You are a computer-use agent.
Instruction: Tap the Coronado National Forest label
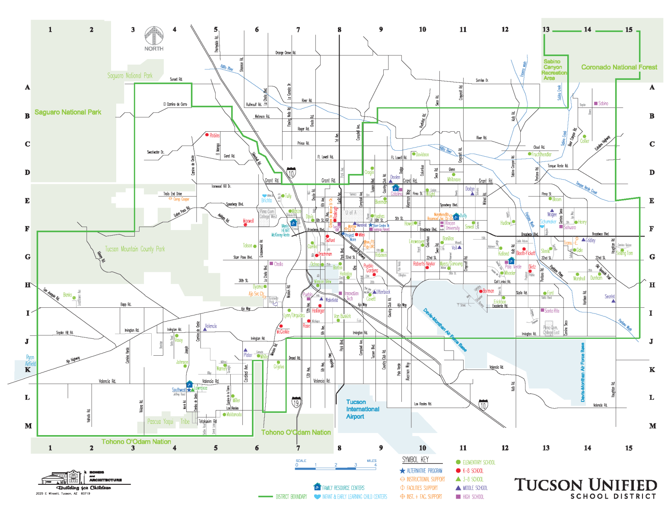pyautogui.click(x=619, y=67)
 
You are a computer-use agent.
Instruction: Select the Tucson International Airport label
pyautogui.click(x=362, y=409)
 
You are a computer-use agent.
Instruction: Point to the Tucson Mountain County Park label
pyautogui.click(x=135, y=249)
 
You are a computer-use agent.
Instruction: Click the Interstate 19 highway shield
pyautogui.click(x=296, y=402)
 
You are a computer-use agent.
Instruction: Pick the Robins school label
pyautogui.click(x=214, y=136)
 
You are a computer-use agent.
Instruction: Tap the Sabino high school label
pyautogui.click(x=603, y=104)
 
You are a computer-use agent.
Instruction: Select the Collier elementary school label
pyautogui.click(x=585, y=141)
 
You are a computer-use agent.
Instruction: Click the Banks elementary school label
pyautogui.click(x=67, y=295)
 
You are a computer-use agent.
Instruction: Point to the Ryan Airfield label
pyautogui.click(x=30, y=360)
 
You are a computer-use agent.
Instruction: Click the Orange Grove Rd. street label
pyautogui.click(x=285, y=53)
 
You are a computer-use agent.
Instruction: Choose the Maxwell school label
pyautogui.click(x=248, y=221)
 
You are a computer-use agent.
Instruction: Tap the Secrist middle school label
pyautogui.click(x=609, y=297)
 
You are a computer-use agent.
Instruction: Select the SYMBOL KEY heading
pyautogui.click(x=415, y=460)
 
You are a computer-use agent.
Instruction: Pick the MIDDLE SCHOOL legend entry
pyautogui.click(x=475, y=488)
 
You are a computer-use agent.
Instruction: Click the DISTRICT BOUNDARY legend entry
pyautogui.click(x=291, y=497)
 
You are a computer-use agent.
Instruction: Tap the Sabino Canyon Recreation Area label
pyautogui.click(x=553, y=70)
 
